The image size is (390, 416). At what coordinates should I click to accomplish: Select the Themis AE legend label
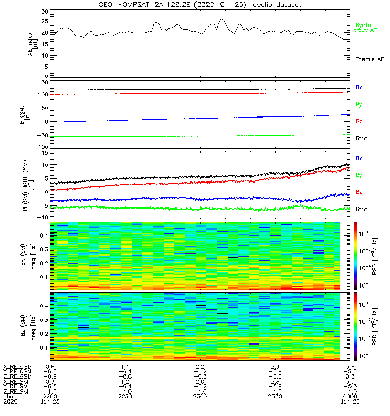pyautogui.click(x=369, y=60)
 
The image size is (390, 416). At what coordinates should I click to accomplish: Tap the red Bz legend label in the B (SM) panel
pyautogui.click(x=359, y=121)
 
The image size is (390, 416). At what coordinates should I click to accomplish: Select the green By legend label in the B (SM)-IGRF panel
pyautogui.click(x=359, y=175)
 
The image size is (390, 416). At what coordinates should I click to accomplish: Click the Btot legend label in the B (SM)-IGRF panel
pyautogui.click(x=361, y=209)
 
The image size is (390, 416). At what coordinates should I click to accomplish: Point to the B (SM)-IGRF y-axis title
pyautogui.click(x=31, y=186)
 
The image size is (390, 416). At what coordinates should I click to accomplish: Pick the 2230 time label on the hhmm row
pyautogui.click(x=124, y=397)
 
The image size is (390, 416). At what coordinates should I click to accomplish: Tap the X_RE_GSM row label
pyautogui.click(x=17, y=367)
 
